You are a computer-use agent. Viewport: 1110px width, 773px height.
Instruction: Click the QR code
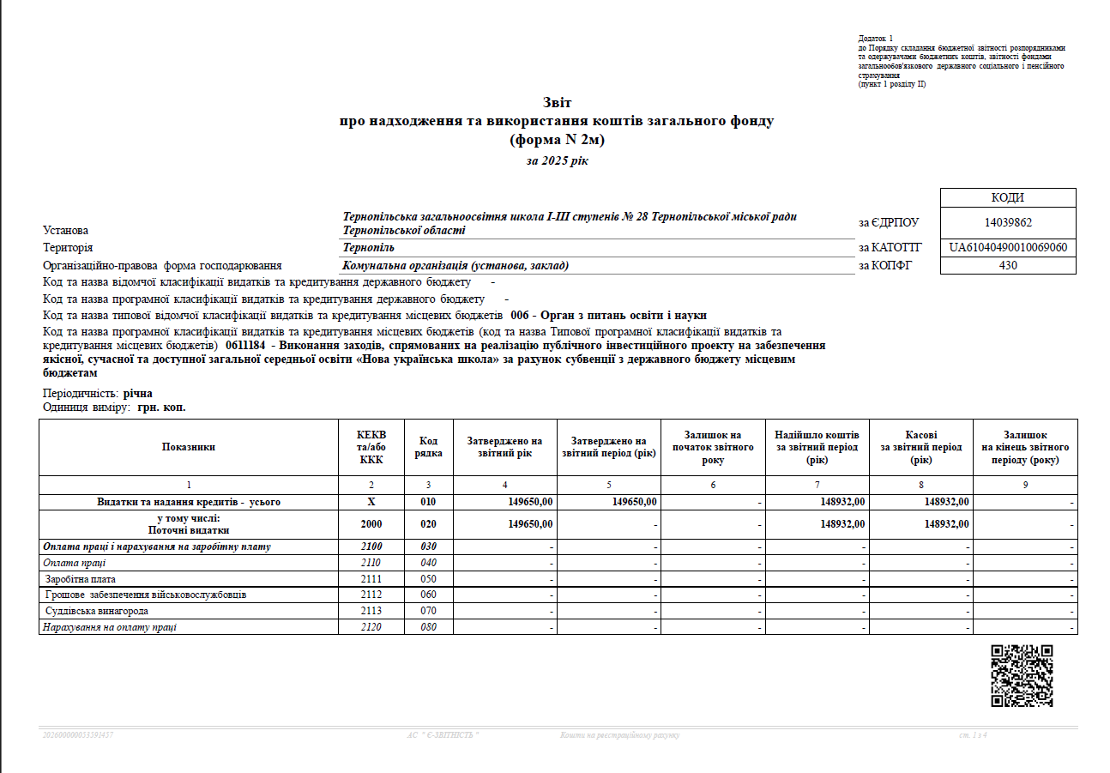[1022, 675]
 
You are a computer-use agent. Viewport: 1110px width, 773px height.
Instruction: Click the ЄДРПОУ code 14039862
[1008, 223]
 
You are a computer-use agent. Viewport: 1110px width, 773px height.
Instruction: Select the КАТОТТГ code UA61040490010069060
[1008, 248]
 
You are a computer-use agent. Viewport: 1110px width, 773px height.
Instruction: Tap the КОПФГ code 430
[1008, 266]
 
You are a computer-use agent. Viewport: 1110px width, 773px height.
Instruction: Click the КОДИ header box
[1008, 198]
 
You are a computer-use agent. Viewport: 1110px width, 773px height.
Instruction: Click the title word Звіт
[557, 103]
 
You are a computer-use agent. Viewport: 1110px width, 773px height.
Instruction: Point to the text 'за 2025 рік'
[557, 160]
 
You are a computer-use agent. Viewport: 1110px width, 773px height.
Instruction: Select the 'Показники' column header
[188, 447]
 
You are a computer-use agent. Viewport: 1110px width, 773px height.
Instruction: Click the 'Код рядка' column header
[429, 447]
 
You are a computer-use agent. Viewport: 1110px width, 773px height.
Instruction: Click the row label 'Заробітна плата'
[76, 579]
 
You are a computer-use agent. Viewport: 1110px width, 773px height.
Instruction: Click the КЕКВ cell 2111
[371, 579]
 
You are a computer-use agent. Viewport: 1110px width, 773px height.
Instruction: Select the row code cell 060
[429, 595]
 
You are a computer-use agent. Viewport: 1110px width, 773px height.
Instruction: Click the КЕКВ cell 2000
[371, 523]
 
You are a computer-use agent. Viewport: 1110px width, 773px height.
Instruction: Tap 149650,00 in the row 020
[530, 523]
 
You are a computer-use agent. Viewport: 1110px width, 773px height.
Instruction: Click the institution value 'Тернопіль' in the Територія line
[369, 248]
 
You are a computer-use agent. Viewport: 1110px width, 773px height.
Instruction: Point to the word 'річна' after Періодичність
[137, 393]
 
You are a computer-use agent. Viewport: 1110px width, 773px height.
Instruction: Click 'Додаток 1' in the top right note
[876, 39]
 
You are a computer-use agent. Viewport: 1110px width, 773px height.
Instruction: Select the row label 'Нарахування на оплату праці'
[110, 627]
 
